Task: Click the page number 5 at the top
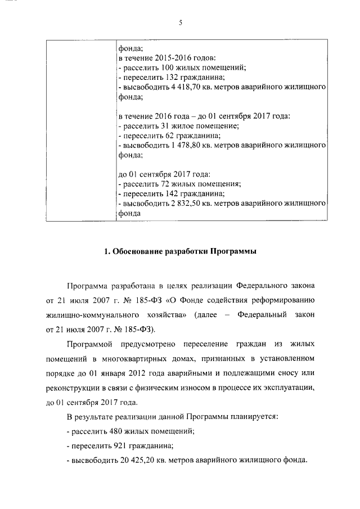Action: (180, 22)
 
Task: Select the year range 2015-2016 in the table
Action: (173, 58)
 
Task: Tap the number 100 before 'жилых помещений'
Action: (168, 67)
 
